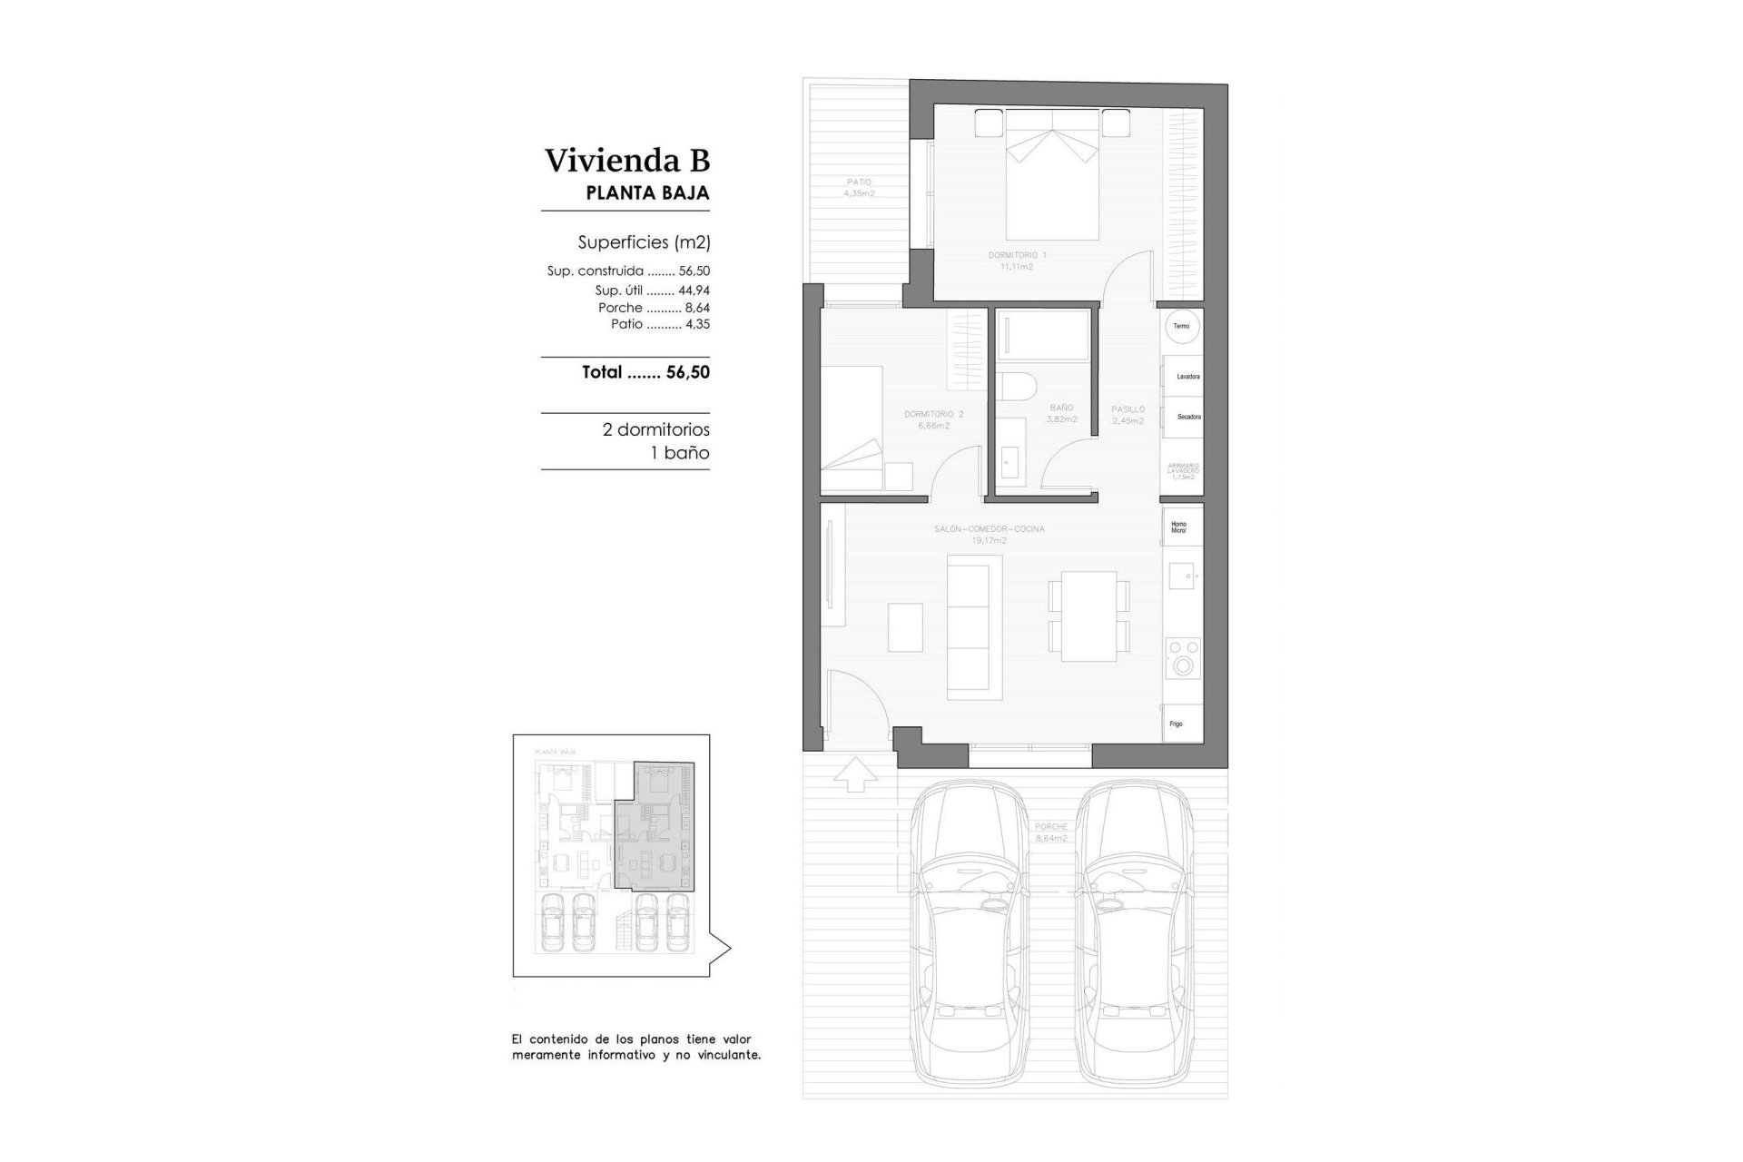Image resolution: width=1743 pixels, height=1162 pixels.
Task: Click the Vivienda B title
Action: tap(626, 161)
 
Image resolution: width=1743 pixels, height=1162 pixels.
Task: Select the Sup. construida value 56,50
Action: tap(694, 271)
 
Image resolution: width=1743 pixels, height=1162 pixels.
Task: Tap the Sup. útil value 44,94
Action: tap(694, 290)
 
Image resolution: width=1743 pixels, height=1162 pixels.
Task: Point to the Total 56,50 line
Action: tap(645, 372)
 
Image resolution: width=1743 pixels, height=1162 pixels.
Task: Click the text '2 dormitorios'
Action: tap(655, 429)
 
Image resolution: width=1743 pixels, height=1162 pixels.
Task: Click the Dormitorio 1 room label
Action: tap(1017, 261)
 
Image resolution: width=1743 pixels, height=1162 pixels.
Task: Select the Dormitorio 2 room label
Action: tap(933, 419)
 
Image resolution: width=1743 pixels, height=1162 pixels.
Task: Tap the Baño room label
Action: tap(1061, 413)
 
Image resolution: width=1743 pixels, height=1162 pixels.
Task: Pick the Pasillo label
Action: tap(1128, 415)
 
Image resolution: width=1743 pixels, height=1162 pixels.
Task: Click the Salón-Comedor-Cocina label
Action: tap(989, 534)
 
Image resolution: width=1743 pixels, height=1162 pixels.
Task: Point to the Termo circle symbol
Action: tap(1181, 326)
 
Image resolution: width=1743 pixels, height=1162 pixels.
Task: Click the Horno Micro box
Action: tap(1180, 527)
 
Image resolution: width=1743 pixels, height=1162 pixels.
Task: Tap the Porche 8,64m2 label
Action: tap(1050, 832)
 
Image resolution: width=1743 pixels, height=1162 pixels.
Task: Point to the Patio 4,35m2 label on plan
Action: tap(858, 188)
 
